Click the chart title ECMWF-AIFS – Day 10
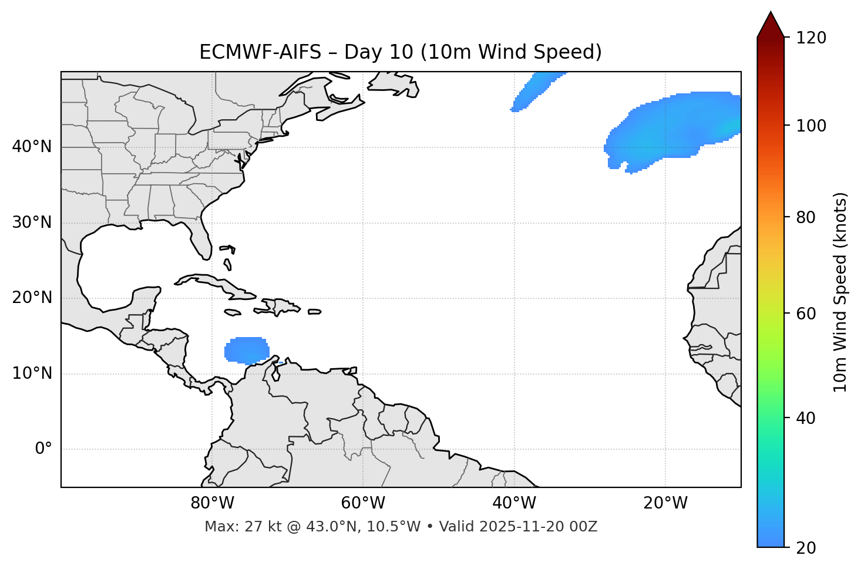tap(401, 52)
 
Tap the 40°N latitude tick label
tap(32, 147)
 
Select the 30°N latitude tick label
tap(32, 223)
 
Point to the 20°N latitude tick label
tap(32, 298)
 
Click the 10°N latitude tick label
tap(32, 373)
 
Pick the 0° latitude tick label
tap(43, 449)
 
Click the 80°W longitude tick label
tap(212, 503)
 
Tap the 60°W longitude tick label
tap(363, 503)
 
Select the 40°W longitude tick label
tap(514, 503)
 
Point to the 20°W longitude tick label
tap(665, 503)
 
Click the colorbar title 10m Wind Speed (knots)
tap(840, 292)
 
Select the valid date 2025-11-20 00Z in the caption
tap(538, 527)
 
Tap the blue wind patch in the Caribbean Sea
tap(247, 351)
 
